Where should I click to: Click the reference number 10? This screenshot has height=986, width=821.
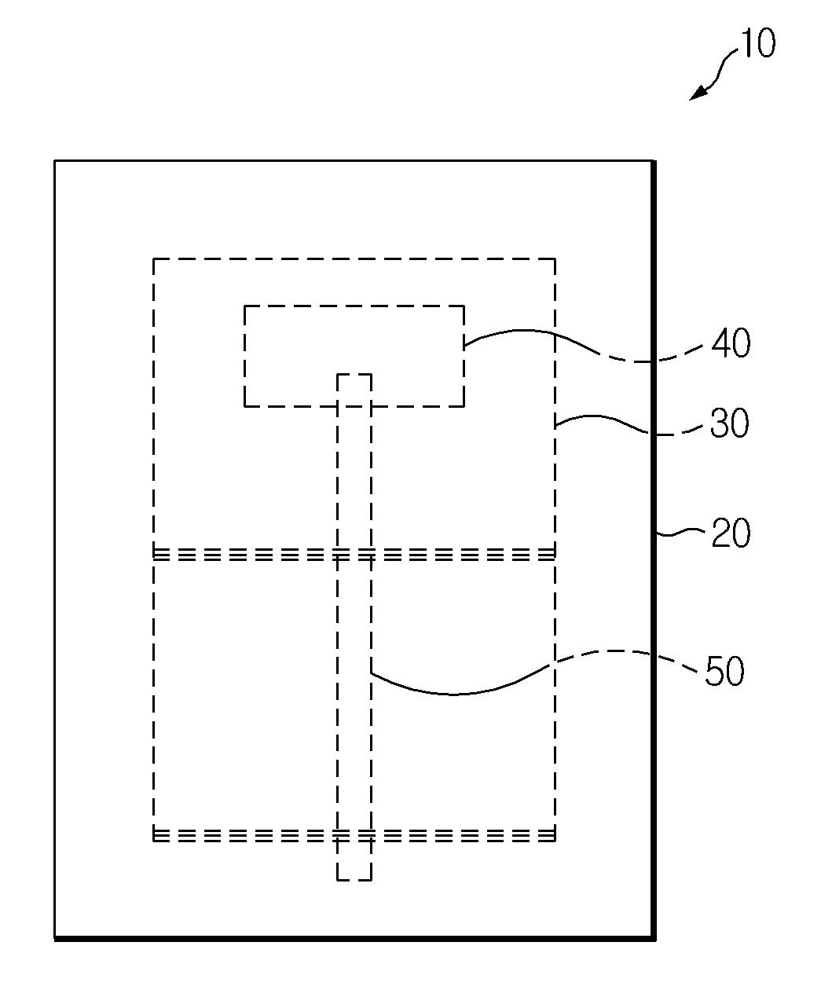(757, 43)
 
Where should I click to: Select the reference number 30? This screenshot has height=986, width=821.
(729, 423)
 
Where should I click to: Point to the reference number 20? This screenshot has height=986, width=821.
(731, 533)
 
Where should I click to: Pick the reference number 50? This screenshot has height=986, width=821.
(724, 671)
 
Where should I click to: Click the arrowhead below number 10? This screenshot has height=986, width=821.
(697, 93)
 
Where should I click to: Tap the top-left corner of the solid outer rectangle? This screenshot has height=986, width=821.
(55, 161)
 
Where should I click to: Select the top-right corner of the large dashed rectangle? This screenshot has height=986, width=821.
(555, 258)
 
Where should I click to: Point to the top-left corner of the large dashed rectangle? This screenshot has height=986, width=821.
(153, 258)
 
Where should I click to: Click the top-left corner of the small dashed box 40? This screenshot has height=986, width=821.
(244, 306)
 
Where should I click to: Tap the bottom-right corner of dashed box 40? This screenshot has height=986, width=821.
(464, 406)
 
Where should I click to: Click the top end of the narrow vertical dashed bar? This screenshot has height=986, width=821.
(354, 375)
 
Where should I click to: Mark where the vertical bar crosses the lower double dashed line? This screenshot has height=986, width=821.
(354, 835)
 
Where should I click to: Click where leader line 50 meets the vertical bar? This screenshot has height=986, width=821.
(372, 672)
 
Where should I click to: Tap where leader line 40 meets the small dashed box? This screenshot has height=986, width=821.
(464, 346)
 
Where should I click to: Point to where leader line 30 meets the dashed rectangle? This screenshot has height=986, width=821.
(555, 427)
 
